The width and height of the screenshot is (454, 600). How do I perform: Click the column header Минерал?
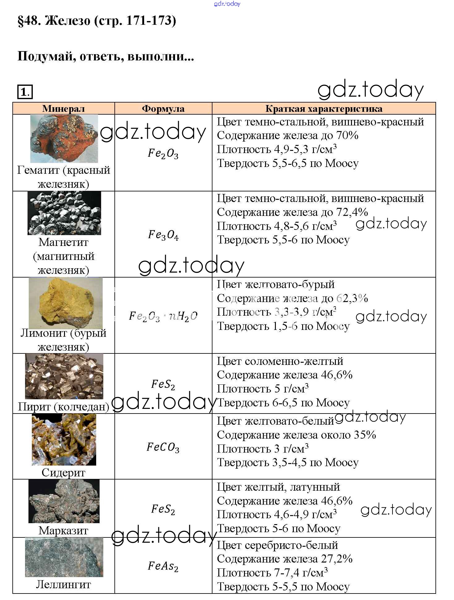tap(63, 108)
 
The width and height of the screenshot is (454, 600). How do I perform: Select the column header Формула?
tap(163, 108)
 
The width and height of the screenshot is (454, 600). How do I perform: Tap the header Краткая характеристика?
tap(323, 108)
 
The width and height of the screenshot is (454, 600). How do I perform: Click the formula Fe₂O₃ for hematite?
tap(163, 153)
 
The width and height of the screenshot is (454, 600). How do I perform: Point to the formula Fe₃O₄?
tap(163, 235)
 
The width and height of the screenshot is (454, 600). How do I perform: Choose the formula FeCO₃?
tap(163, 447)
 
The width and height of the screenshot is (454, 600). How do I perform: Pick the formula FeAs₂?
tap(163, 566)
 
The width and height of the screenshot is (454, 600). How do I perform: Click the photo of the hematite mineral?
tap(64, 138)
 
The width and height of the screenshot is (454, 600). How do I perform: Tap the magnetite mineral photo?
tap(64, 213)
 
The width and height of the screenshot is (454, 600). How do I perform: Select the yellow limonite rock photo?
tap(66, 303)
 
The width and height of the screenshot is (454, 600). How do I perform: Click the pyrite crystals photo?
tap(64, 376)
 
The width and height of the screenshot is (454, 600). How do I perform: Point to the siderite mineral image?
tap(64, 440)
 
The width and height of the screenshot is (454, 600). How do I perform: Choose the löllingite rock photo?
tap(64, 557)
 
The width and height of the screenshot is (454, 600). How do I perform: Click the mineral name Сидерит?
tap(63, 473)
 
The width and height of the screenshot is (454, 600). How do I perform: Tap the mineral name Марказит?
tap(63, 531)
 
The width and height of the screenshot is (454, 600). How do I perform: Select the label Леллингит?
tap(63, 585)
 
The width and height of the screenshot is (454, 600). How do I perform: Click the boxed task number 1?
tap(25, 92)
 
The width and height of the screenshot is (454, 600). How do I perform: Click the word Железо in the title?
tap(68, 21)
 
